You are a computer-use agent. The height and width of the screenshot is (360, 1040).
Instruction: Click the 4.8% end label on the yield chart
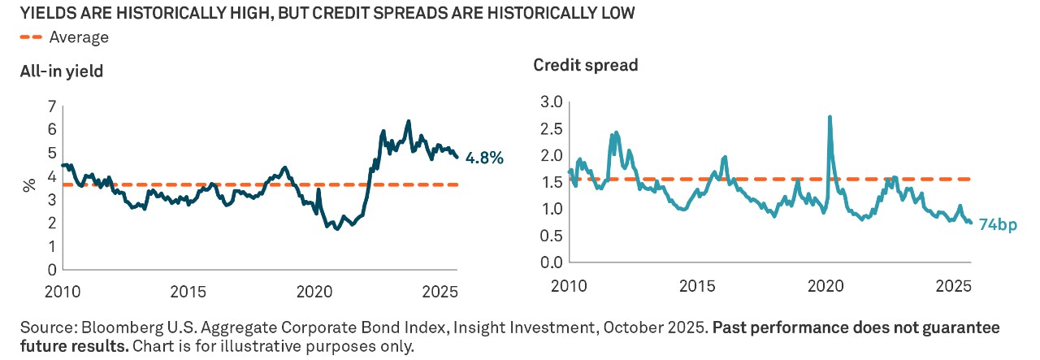(484, 158)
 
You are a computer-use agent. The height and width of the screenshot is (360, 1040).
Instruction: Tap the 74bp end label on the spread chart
(995, 225)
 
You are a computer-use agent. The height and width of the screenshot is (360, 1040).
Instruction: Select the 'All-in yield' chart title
(62, 72)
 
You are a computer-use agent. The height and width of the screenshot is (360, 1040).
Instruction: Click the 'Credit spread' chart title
(585, 65)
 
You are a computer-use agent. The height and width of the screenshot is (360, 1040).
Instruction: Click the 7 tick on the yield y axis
(52, 106)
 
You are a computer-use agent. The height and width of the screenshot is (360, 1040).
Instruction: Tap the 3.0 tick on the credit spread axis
(551, 102)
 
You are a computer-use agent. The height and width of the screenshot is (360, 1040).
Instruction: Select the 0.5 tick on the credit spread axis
(551, 236)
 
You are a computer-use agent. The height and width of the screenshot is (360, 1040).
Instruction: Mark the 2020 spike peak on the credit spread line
(830, 117)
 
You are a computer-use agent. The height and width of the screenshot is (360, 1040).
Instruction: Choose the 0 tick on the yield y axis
(52, 269)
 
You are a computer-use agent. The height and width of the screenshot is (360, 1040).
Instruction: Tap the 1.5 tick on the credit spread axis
(551, 182)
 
